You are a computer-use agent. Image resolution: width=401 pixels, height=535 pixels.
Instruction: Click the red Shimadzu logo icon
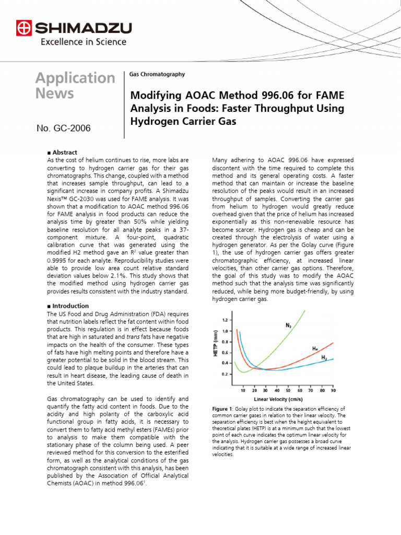click(x=23, y=28)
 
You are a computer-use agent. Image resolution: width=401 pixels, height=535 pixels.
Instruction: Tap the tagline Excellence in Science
click(x=83, y=42)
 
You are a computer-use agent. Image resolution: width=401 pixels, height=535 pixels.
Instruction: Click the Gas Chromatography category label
click(x=157, y=75)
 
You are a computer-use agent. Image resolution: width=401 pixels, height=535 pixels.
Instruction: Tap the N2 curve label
click(x=289, y=325)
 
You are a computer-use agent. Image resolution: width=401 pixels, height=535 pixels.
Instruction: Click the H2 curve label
click(x=324, y=357)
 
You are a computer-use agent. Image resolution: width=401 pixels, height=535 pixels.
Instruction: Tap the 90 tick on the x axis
click(x=333, y=390)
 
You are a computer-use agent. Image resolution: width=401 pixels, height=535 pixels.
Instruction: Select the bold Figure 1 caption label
click(x=224, y=408)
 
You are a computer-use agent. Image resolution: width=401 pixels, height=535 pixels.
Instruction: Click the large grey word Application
click(x=75, y=78)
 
